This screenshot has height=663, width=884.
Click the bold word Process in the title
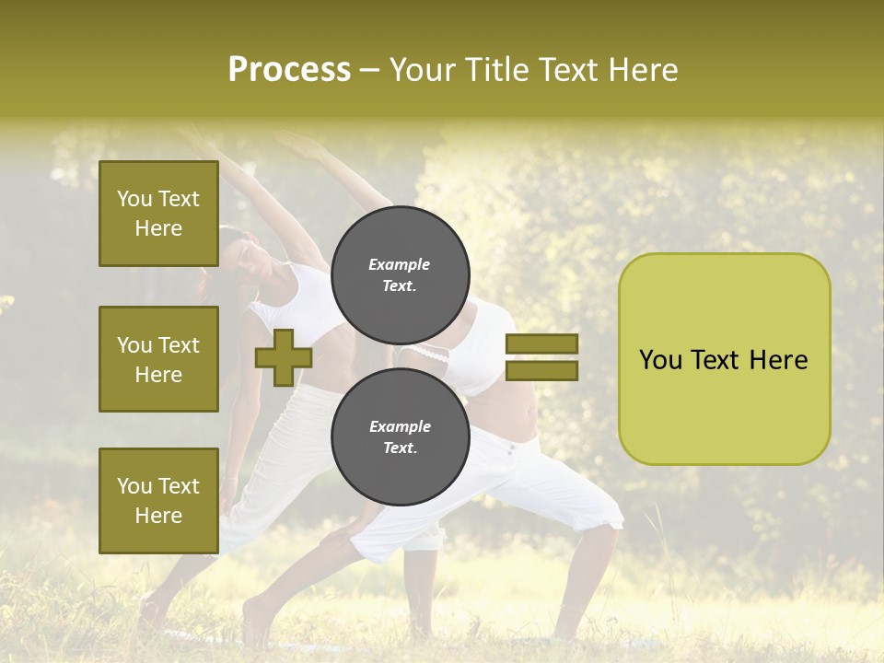click(x=289, y=70)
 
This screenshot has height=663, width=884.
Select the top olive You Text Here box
click(x=158, y=214)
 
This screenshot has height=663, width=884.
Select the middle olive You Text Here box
click(x=158, y=359)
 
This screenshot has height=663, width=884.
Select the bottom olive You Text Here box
click(x=158, y=500)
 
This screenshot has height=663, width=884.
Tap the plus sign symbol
click(x=284, y=357)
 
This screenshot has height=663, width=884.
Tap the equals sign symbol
click(x=541, y=357)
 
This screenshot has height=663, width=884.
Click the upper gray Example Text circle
click(x=400, y=274)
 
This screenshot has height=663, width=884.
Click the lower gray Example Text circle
click(x=400, y=437)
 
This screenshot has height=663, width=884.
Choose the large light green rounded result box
click(x=724, y=358)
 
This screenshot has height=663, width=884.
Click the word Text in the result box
click(x=723, y=360)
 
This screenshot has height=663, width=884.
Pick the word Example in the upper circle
click(x=400, y=264)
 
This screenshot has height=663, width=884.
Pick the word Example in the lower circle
click(x=400, y=426)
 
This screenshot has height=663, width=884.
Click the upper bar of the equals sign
click(x=541, y=343)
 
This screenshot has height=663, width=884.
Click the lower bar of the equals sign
click(x=541, y=371)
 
